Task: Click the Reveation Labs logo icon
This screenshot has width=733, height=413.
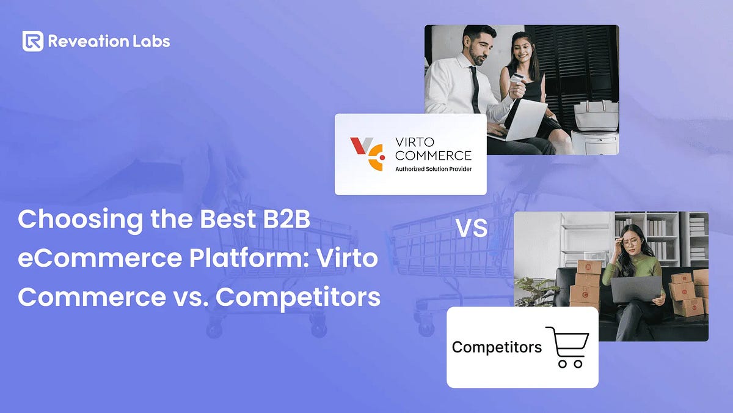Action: [33, 41]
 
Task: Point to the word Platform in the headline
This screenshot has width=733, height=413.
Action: [247, 259]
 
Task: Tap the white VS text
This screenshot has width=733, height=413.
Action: [472, 228]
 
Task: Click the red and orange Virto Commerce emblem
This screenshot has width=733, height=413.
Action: [366, 154]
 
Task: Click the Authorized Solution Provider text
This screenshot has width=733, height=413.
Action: [433, 169]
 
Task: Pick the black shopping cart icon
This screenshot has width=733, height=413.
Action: [567, 347]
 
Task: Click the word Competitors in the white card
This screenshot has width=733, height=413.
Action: [497, 348]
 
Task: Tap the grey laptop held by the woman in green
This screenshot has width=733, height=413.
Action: [636, 289]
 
